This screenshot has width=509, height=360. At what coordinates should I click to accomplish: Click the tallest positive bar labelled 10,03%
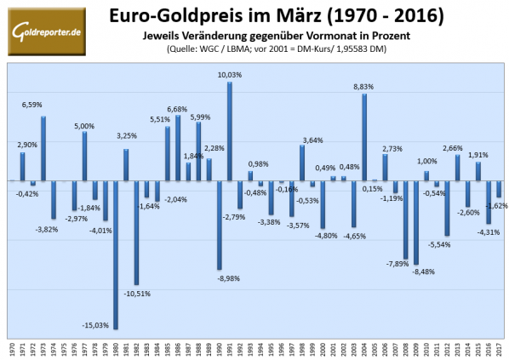(230, 131)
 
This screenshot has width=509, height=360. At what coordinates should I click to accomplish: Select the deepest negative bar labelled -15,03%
(116, 254)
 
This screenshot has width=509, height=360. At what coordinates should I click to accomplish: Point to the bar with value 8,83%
(364, 137)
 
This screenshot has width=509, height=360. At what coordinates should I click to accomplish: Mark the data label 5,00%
(83, 126)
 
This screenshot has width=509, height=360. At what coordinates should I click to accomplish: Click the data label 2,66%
(454, 149)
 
